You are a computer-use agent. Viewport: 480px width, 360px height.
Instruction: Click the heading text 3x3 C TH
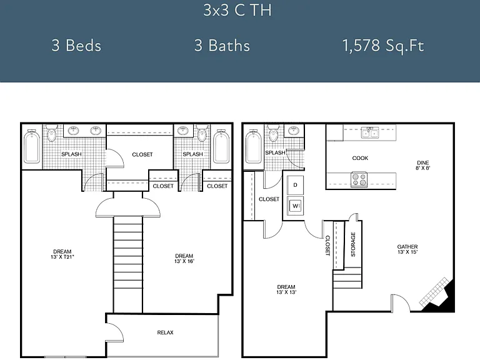pyautogui.click(x=237, y=10)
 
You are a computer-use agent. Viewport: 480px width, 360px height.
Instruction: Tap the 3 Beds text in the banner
pyautogui.click(x=76, y=45)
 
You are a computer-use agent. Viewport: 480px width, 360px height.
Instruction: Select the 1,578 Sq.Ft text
pyautogui.click(x=383, y=46)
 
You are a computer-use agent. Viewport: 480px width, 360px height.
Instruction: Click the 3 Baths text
pyautogui.click(x=222, y=45)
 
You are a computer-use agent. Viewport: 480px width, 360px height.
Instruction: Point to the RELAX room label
pyautogui.click(x=165, y=332)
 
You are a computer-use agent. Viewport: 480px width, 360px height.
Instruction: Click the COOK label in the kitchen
pyautogui.click(x=360, y=158)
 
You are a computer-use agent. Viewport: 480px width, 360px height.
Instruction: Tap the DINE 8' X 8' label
pyautogui.click(x=422, y=165)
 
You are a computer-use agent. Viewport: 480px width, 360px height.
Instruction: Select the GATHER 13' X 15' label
pyautogui.click(x=407, y=249)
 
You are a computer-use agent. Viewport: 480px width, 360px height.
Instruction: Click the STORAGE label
pyautogui.click(x=353, y=244)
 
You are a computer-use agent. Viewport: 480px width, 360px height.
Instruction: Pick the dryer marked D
pyautogui.click(x=296, y=185)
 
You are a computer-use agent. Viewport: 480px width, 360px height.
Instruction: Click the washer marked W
pyautogui.click(x=296, y=206)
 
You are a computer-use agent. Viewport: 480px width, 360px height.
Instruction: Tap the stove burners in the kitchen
pyautogui.click(x=359, y=179)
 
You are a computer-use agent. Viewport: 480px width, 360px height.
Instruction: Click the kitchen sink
pyautogui.click(x=370, y=133)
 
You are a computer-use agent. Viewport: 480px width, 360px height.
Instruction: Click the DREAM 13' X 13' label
pyautogui.click(x=286, y=289)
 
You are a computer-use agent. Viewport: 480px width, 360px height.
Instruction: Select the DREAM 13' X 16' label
pyautogui.click(x=184, y=258)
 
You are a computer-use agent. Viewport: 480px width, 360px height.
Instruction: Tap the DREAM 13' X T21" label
pyautogui.click(x=62, y=254)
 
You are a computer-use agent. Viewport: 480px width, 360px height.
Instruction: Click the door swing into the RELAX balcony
pyautogui.click(x=116, y=332)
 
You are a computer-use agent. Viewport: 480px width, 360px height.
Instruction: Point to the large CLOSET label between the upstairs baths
pyautogui.click(x=142, y=154)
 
